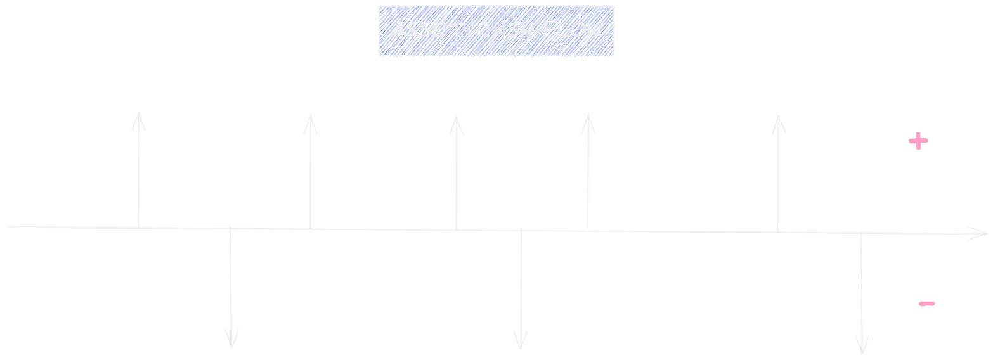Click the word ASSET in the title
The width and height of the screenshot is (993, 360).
pos(427,30)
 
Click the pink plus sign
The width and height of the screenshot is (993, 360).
pos(918,141)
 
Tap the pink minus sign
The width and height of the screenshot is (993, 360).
pos(926,304)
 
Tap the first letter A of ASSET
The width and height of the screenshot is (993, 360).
pos(398,30)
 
